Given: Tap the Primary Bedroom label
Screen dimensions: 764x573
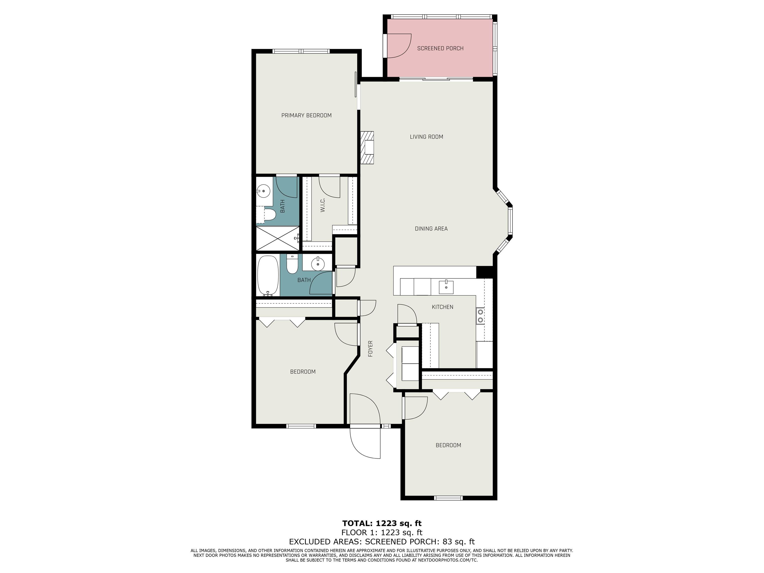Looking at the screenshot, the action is click(306, 115).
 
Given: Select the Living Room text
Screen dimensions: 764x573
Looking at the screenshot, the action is click(426, 137).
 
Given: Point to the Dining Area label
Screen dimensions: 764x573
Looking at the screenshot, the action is click(431, 229).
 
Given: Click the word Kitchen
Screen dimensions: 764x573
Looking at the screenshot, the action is click(442, 307).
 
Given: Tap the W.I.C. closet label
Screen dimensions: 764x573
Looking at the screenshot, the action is click(323, 205).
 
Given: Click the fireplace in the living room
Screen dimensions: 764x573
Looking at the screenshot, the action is click(367, 147).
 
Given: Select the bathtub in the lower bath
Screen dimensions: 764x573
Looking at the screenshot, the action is click(268, 275).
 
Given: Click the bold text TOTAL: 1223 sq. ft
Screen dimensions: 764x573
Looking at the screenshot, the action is click(382, 523).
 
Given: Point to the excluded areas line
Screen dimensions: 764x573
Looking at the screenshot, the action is click(382, 542).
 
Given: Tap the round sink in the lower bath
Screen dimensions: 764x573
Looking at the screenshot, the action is click(318, 264).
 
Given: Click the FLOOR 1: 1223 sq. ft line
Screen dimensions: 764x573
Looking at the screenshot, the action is click(382, 533).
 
